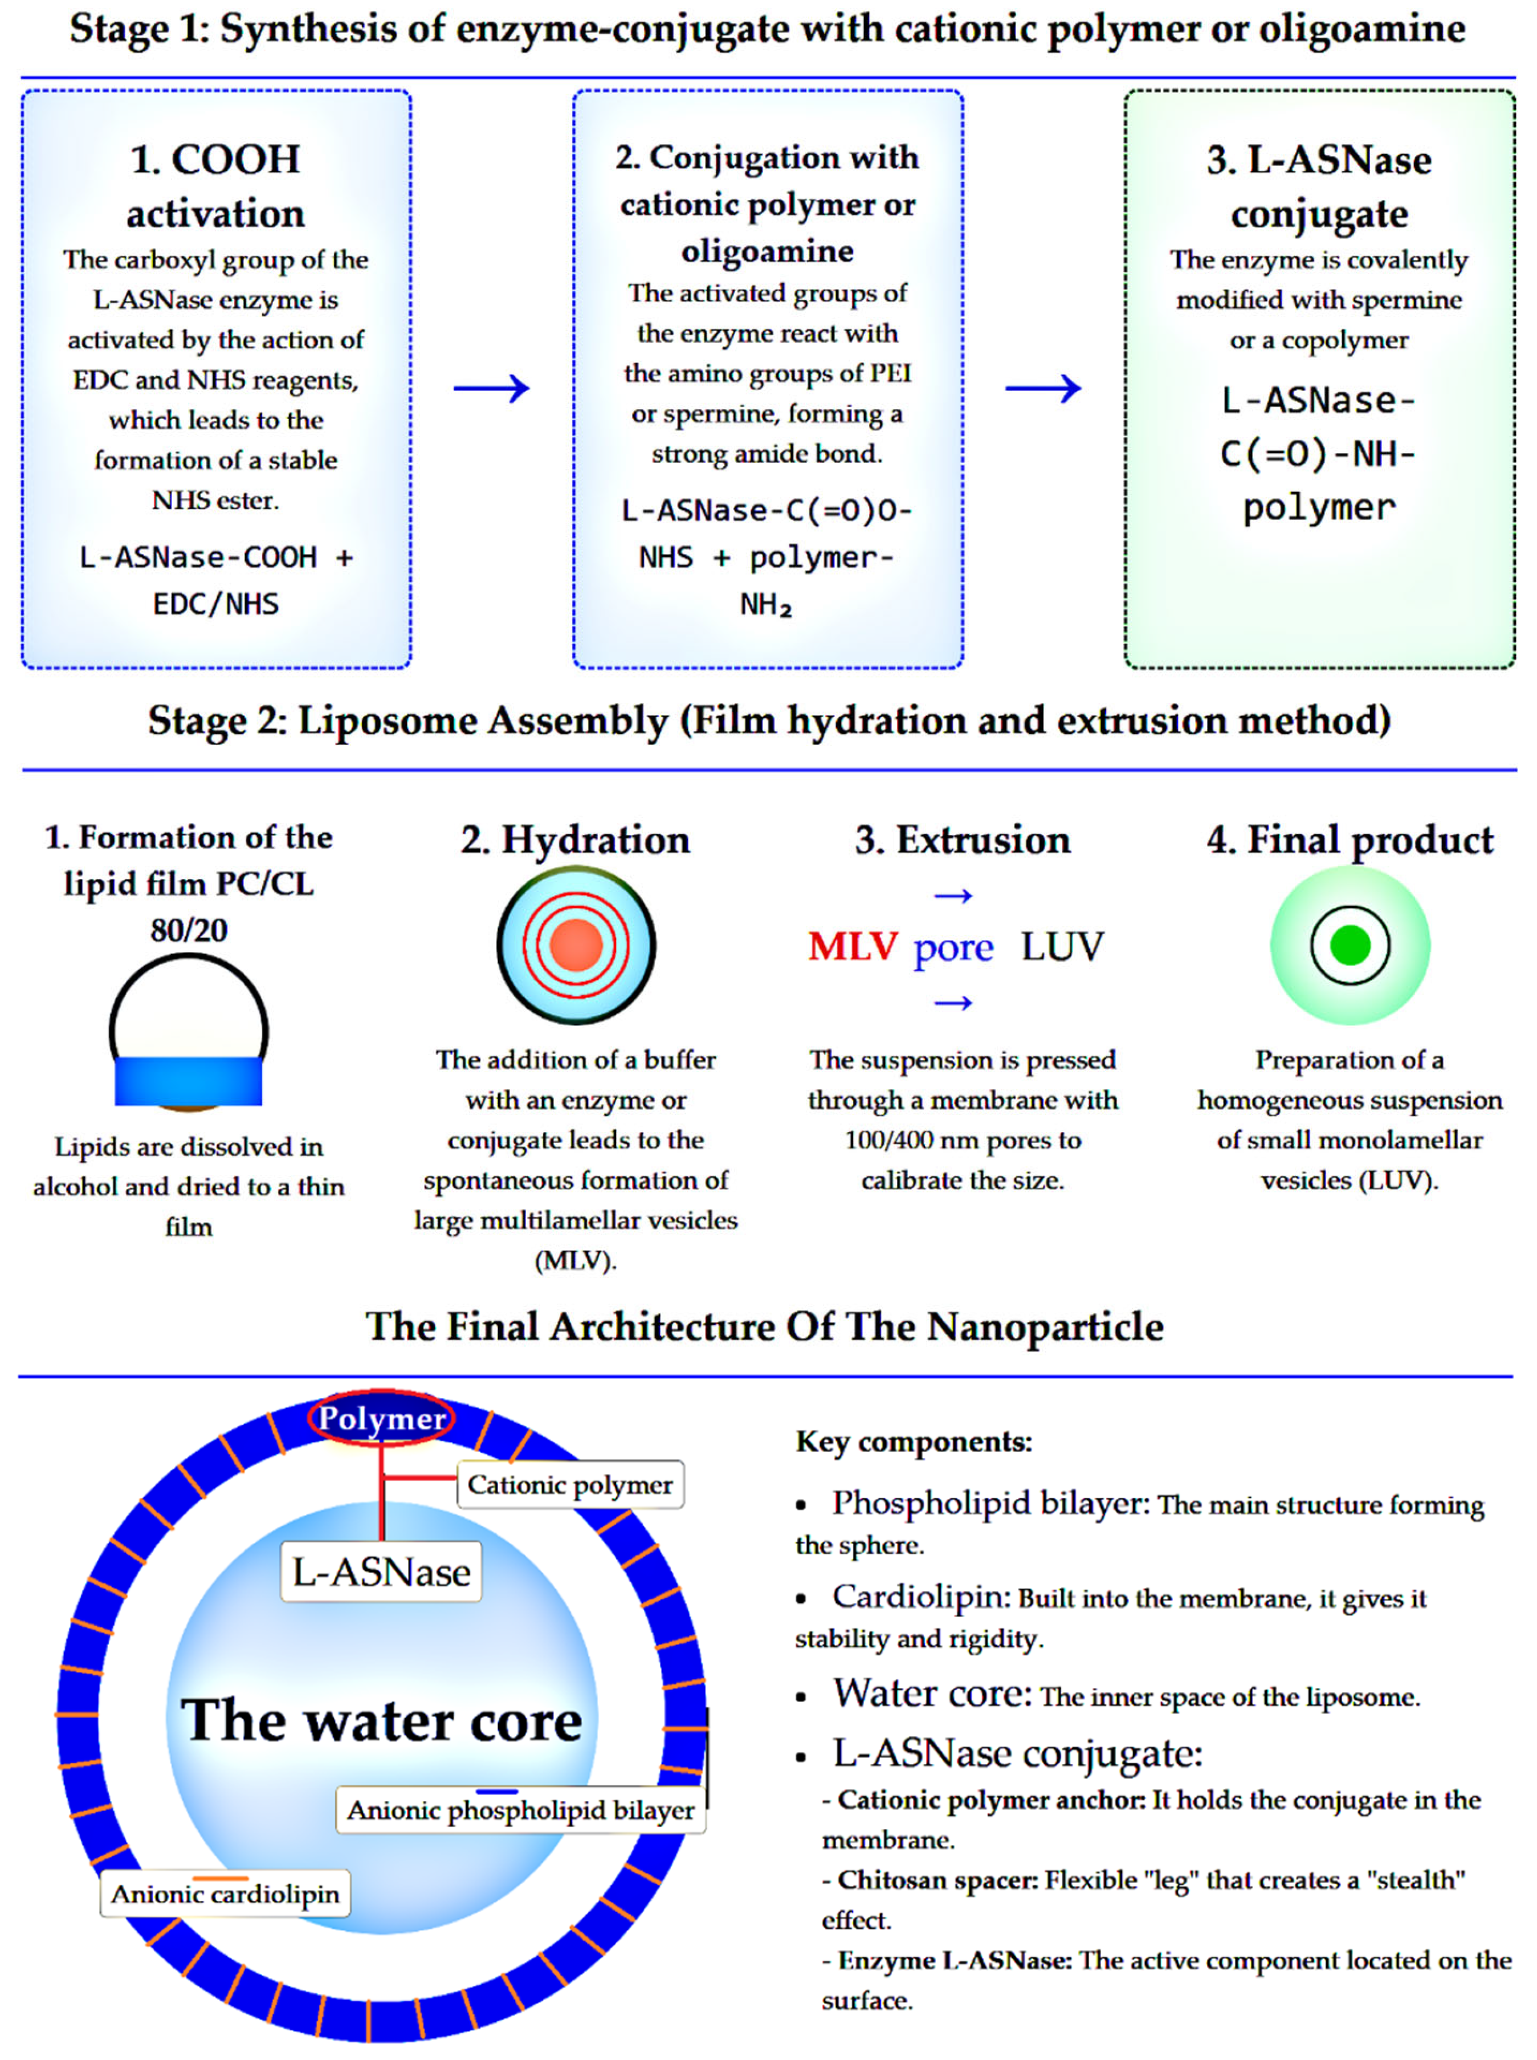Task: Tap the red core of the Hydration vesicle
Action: point(576,945)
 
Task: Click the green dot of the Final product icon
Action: point(1350,945)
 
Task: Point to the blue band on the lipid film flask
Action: point(188,1081)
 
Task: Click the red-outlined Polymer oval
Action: point(381,1419)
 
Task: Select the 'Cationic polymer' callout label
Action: point(569,1484)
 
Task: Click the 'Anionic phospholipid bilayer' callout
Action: point(520,1810)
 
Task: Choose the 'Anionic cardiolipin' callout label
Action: point(225,1894)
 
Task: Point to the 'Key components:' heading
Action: point(914,1442)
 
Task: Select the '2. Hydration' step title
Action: point(576,840)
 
